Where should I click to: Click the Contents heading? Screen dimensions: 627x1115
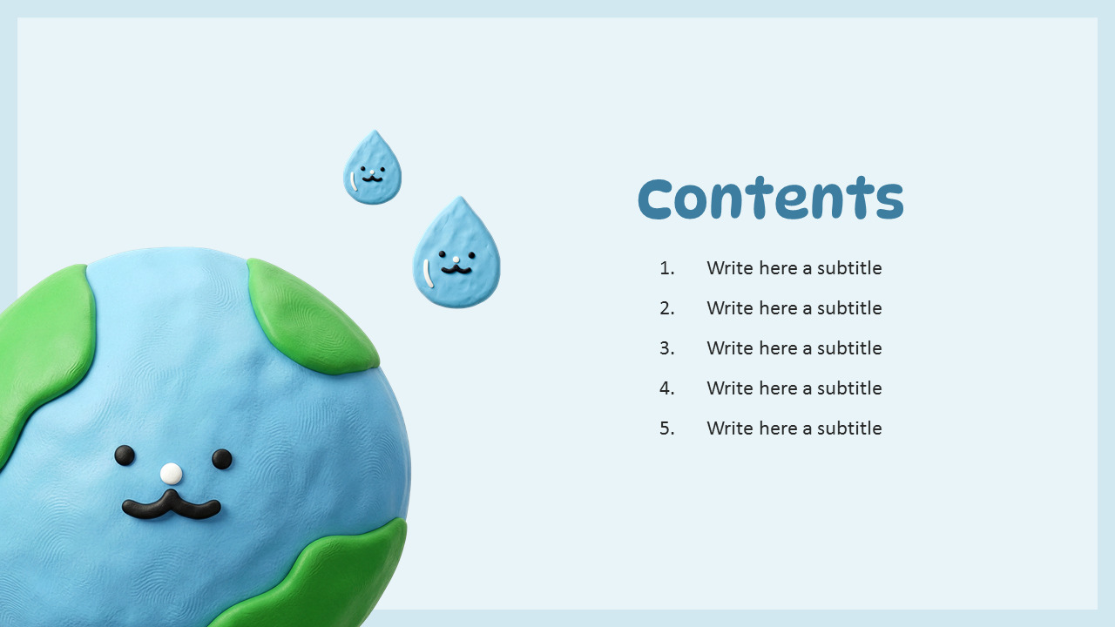click(x=771, y=199)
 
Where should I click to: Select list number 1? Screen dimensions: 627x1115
click(x=667, y=268)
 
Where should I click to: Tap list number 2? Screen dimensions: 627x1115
click(x=667, y=308)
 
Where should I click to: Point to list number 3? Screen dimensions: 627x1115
click(x=667, y=348)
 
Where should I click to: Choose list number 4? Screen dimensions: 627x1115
click(x=667, y=388)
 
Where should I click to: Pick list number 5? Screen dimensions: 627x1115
click(x=667, y=428)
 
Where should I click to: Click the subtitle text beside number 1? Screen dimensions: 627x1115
click(x=794, y=268)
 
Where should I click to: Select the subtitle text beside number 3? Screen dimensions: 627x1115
click(x=794, y=348)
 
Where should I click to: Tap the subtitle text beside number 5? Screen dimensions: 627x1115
click(x=794, y=428)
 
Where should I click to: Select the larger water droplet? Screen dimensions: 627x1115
click(x=456, y=257)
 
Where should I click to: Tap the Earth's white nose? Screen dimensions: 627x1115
click(x=172, y=474)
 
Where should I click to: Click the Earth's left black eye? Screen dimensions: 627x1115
click(x=125, y=455)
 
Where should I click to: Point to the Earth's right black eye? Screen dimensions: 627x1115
click(x=222, y=459)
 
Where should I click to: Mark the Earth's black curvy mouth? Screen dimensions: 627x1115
click(x=172, y=506)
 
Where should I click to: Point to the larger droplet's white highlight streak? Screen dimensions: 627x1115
click(x=427, y=273)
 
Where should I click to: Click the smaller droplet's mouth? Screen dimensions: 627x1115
click(x=372, y=179)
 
